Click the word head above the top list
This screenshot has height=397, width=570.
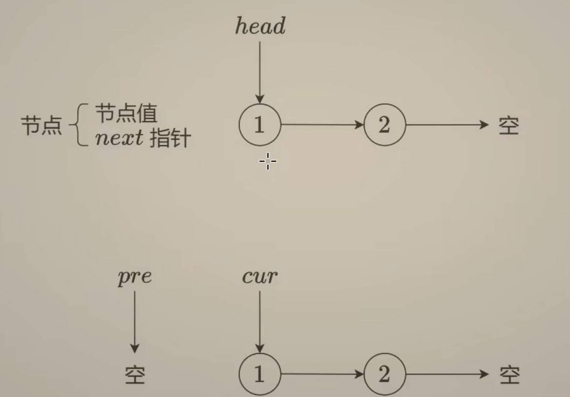260,26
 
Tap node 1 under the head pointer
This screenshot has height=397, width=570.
260,125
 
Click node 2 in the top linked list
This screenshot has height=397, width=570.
385,125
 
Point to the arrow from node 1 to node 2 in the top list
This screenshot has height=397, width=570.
322,125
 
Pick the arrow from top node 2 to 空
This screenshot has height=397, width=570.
447,125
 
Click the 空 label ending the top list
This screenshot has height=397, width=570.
509,126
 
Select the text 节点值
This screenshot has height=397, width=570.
126,114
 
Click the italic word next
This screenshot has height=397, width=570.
119,139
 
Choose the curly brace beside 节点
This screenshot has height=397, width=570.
78,126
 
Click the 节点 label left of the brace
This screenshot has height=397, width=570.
41,126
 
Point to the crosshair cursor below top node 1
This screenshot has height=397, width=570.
268,161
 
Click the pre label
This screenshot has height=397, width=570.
135,277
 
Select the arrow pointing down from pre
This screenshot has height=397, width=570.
135,321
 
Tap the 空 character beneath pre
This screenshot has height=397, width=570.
135,375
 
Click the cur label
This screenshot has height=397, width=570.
260,277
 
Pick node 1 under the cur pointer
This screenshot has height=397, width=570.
260,374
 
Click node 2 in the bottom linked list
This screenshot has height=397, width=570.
385,374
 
